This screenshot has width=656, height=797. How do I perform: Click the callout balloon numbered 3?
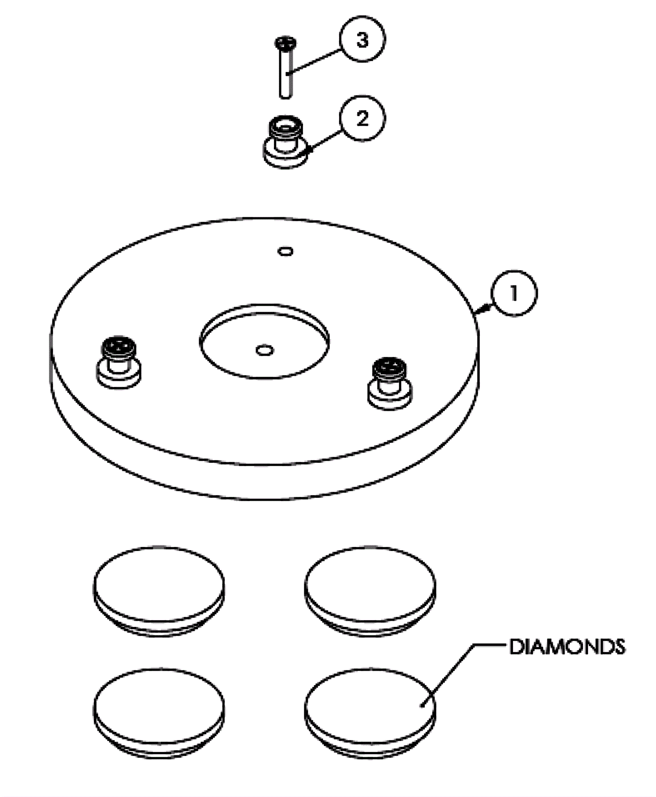point(362,40)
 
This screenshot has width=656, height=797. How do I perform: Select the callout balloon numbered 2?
point(362,118)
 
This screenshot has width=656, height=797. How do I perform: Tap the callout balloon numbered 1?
point(513,293)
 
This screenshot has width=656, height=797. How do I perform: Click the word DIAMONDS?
point(567,647)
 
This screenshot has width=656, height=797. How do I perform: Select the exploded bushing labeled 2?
point(285,141)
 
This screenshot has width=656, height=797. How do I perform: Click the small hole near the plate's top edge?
point(285,251)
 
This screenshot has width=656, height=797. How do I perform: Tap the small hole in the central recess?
point(264,350)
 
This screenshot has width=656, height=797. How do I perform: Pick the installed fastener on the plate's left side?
point(118,363)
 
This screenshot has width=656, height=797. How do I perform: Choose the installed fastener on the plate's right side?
point(389,383)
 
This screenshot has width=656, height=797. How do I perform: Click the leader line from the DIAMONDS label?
point(451,672)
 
